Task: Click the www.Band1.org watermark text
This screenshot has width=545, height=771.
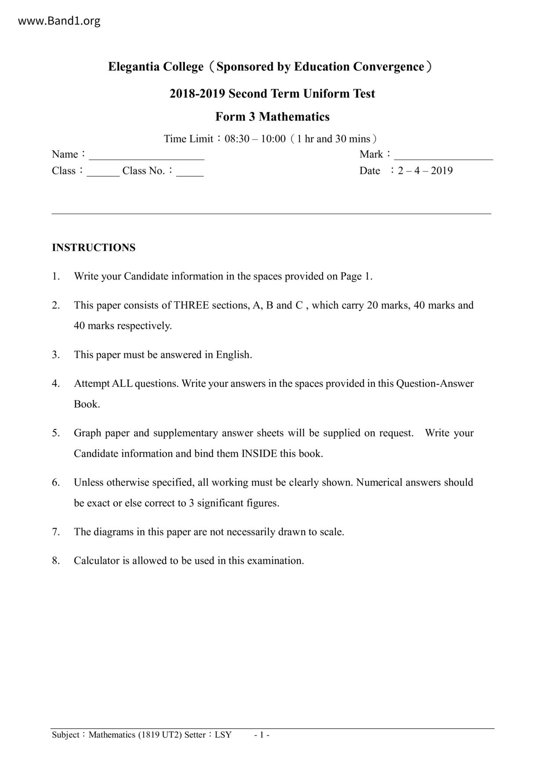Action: (x=59, y=21)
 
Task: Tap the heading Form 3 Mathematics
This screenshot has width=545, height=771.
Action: (x=272, y=117)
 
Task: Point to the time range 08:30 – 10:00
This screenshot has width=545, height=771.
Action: (x=255, y=139)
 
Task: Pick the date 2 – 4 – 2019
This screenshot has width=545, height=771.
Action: (x=425, y=171)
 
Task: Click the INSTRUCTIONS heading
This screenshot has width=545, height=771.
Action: (x=94, y=248)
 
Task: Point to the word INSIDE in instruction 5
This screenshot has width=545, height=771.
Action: (x=259, y=454)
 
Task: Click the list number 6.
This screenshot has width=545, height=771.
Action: (x=56, y=483)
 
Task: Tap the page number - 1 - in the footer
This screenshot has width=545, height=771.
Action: (x=262, y=735)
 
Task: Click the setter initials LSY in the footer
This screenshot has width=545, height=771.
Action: (x=223, y=735)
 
